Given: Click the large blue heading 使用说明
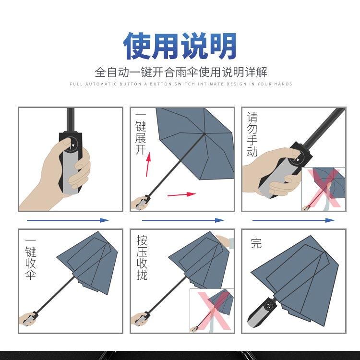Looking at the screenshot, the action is coord(180,46).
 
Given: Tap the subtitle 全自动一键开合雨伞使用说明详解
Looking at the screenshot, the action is coord(181,72).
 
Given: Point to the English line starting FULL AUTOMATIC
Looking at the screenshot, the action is coord(181,84).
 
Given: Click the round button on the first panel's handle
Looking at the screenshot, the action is coord(72,144).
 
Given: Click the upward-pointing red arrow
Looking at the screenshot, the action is coord(148,164).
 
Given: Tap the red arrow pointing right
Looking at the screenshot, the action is coord(181,194).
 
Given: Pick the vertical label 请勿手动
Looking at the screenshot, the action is coord(252,134).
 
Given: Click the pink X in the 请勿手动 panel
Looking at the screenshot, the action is coord(324,188).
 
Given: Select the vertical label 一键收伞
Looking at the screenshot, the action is coord(31,259).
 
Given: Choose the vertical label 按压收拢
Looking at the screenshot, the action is coord(142,257).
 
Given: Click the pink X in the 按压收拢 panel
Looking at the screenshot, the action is coord(214,310).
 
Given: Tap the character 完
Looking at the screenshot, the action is coord(256,243).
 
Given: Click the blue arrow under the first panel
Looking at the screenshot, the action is coord(68,220).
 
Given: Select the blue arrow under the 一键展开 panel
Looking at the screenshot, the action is coord(183,220).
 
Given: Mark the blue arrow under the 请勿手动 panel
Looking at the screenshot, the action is coord(293,220).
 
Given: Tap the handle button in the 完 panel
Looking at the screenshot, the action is coord(269,305).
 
